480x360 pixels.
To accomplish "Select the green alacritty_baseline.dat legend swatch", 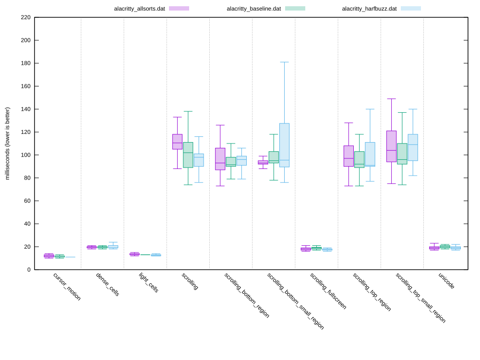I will click(x=295, y=9).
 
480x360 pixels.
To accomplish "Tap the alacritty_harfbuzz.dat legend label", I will click(x=369, y=9).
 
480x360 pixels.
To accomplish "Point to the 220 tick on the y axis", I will click(x=25, y=17).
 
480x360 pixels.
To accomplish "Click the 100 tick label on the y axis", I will click(x=25, y=155).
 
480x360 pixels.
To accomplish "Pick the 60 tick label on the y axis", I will click(x=27, y=201).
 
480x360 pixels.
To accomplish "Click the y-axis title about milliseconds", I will click(x=7, y=144).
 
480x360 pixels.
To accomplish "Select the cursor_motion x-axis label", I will click(x=67, y=287).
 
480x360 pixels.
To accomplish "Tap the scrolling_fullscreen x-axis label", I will click(x=328, y=291).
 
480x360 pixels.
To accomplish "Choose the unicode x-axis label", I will click(x=446, y=281).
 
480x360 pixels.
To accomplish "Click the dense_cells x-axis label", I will click(x=108, y=285).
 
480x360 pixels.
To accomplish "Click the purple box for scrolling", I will click(x=177, y=142).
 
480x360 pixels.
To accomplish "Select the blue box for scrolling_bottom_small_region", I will click(x=284, y=145).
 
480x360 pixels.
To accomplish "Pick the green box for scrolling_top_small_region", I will click(x=402, y=154).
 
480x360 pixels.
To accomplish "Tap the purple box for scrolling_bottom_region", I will click(x=220, y=158).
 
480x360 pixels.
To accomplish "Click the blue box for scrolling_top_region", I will click(x=370, y=154).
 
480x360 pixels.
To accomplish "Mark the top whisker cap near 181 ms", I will click(x=284, y=62).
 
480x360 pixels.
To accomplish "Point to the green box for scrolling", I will click(x=188, y=155).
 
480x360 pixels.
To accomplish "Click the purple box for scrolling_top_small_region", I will click(x=391, y=146).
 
